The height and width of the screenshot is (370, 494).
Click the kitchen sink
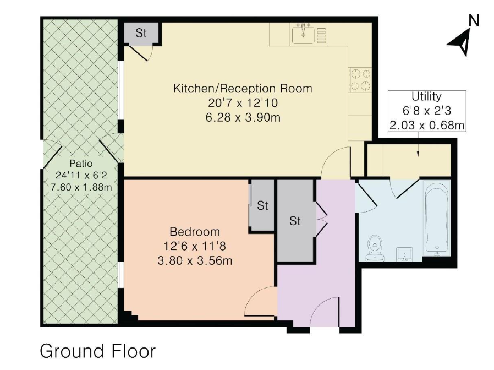click(x=303, y=34)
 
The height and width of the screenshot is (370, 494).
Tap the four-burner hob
click(x=360, y=80)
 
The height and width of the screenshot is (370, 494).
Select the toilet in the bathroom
click(x=375, y=248)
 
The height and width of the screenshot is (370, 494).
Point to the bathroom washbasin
click(x=404, y=254)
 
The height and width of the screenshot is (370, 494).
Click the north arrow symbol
click(x=460, y=42)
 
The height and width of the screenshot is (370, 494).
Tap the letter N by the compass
click(x=474, y=21)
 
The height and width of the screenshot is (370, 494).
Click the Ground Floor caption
click(x=98, y=351)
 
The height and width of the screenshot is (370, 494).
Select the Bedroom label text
click(x=194, y=232)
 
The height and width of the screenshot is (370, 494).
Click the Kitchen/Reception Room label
click(x=243, y=88)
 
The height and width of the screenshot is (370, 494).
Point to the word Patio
click(x=81, y=164)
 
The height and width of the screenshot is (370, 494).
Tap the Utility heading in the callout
click(x=426, y=96)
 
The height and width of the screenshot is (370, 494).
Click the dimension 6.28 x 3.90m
click(x=243, y=118)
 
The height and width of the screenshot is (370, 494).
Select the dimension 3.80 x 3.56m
click(x=195, y=261)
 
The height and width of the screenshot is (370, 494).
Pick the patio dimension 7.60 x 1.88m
click(x=81, y=187)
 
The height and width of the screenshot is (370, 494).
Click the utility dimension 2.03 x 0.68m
click(x=426, y=125)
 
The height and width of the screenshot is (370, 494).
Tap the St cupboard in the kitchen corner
click(x=140, y=33)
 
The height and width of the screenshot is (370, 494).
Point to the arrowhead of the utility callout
click(x=418, y=154)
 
